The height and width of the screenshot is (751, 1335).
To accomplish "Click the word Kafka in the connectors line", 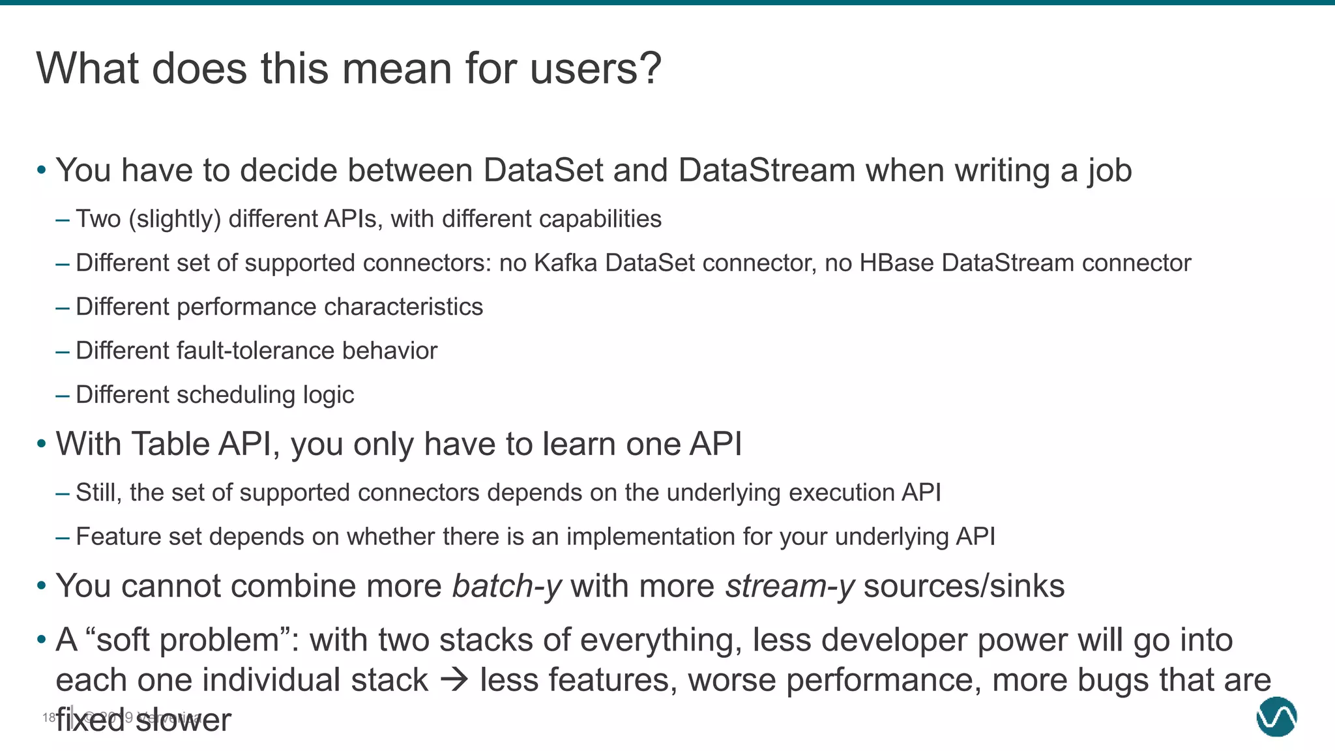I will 565,263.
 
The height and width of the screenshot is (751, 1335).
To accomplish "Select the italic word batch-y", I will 506,586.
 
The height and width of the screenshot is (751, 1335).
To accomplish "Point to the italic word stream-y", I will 789,586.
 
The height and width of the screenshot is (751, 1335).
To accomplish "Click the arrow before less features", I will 454,681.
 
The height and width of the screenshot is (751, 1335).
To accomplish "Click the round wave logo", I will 1276,716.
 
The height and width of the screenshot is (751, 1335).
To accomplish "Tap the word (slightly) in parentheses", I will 175,219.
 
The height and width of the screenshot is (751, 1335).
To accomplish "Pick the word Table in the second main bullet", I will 170,445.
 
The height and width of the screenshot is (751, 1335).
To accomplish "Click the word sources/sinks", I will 963,586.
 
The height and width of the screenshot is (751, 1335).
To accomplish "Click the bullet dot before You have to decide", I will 42,171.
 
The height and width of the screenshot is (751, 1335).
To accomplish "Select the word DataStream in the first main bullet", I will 766,171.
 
